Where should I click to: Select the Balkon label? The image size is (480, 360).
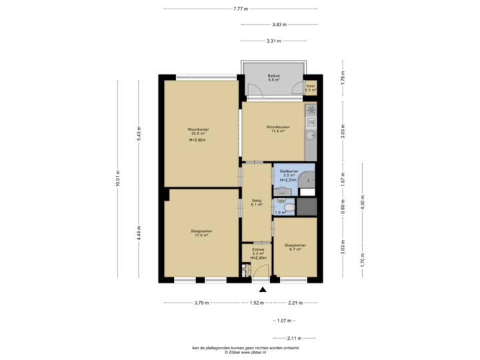click(273, 77)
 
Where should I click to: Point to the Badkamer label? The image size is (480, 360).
click(287, 172)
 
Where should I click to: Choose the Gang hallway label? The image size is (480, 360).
click(256, 200)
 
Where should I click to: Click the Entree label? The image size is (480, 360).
click(257, 250)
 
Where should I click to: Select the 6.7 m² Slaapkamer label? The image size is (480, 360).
click(295, 245)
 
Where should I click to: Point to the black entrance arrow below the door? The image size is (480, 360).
click(263, 289)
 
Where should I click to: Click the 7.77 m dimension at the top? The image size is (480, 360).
click(240, 9)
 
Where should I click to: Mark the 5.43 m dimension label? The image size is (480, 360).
click(139, 137)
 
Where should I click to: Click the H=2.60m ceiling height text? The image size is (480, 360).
click(197, 141)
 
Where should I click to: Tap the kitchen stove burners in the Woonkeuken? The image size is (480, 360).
click(311, 110)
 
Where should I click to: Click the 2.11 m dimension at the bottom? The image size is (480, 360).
click(294, 337)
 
